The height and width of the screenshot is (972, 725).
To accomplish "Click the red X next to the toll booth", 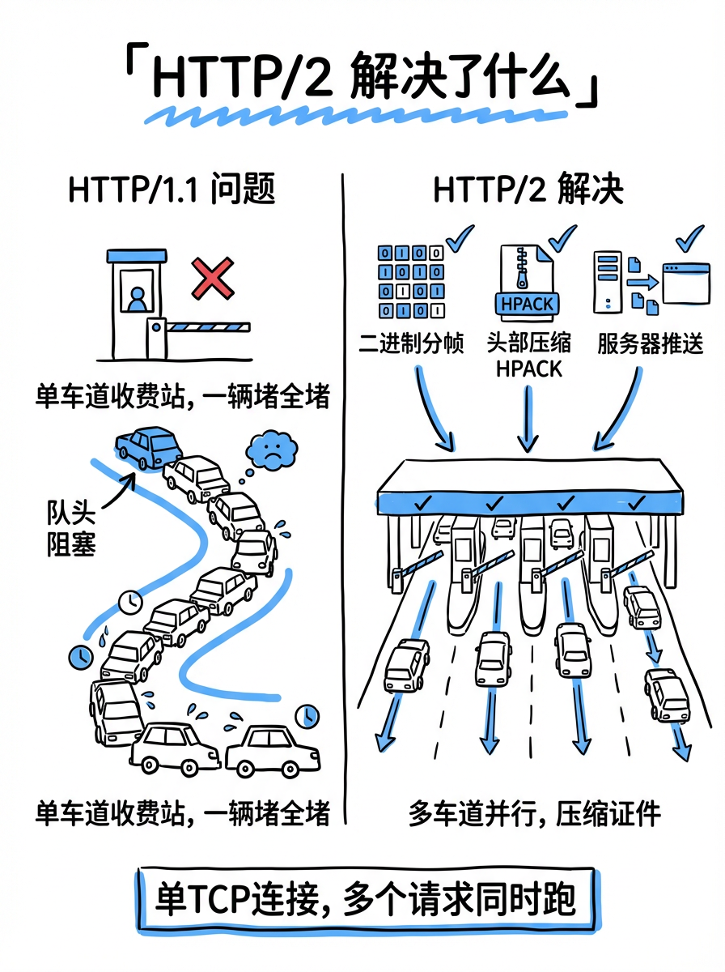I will [212, 279].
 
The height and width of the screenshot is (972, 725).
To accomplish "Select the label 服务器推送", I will [651, 343].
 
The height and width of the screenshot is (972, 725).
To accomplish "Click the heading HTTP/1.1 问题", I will [172, 191].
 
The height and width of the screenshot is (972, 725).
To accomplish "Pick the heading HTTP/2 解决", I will [528, 191].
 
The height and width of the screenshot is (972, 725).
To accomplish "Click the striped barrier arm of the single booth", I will [209, 328].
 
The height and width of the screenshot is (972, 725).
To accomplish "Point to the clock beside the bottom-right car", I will [307, 716].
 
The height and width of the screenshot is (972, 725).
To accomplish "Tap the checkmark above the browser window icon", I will [689, 239].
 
